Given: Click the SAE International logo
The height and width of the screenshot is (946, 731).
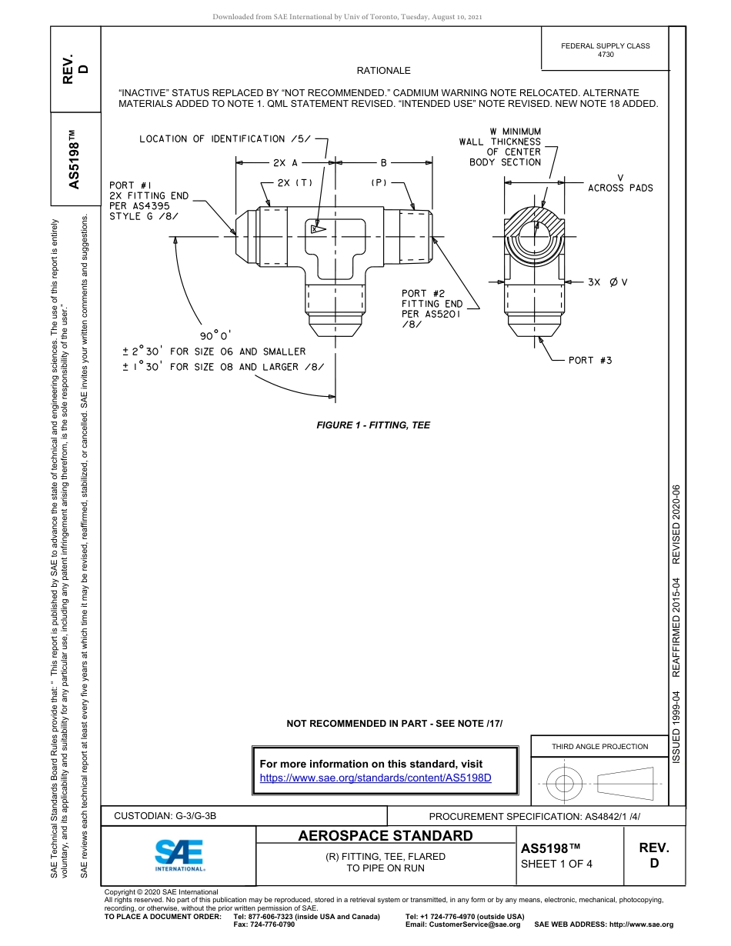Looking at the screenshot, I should point(179,854).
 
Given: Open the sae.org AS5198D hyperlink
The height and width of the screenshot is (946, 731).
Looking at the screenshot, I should point(376,778).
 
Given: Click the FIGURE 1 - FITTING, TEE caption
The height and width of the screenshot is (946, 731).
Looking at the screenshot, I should point(373,425).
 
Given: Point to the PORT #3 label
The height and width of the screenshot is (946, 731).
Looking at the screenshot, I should point(590,360).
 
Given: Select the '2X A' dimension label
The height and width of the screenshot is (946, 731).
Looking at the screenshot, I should point(285,163).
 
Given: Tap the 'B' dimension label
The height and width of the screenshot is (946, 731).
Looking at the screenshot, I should point(383,163).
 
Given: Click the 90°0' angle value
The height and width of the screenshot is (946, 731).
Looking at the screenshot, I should point(215,335).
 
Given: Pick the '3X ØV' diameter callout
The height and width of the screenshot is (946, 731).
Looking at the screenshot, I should point(607,282).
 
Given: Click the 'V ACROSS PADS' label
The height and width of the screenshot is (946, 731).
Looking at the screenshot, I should point(620,183).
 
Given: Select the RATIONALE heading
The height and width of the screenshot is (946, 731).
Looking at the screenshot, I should point(383,71).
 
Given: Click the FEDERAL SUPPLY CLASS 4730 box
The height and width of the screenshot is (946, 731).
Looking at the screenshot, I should point(605,50).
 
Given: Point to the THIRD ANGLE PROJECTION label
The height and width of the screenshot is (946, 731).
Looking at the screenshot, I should point(599,746).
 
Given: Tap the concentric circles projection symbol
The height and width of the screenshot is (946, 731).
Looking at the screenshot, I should point(565,784).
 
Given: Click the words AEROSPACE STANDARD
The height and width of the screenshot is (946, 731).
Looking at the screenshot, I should point(385,836).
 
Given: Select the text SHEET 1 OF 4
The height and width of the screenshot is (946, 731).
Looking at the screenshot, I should point(556,863).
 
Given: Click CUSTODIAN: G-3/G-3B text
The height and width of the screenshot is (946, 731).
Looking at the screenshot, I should point(165,816).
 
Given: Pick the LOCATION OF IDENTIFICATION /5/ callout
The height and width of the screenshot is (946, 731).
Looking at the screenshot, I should point(225,139).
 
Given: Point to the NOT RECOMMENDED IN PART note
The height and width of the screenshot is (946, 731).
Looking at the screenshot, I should point(394,723).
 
